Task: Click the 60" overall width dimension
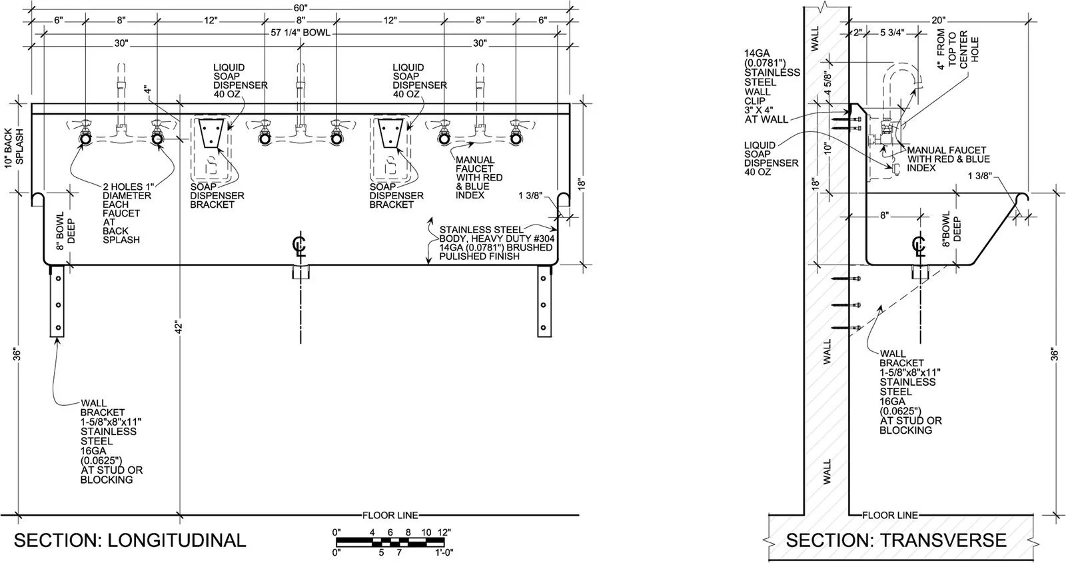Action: [x=300, y=7]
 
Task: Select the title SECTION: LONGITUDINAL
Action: [x=129, y=540]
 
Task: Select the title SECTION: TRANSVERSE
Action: [x=895, y=540]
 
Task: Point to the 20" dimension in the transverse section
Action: [x=939, y=20]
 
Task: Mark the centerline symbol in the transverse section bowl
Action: [x=919, y=246]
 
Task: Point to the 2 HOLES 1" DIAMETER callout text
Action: [x=126, y=213]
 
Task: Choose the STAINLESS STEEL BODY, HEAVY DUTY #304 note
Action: [x=496, y=243]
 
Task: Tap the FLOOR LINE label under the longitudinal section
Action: [x=390, y=515]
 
